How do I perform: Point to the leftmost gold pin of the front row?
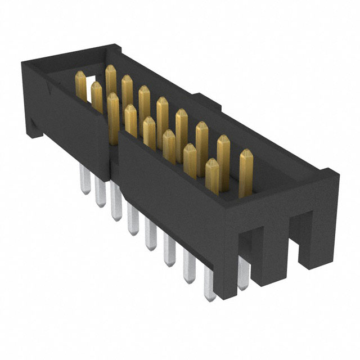point(113,112)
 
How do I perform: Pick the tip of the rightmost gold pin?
point(246,153)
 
